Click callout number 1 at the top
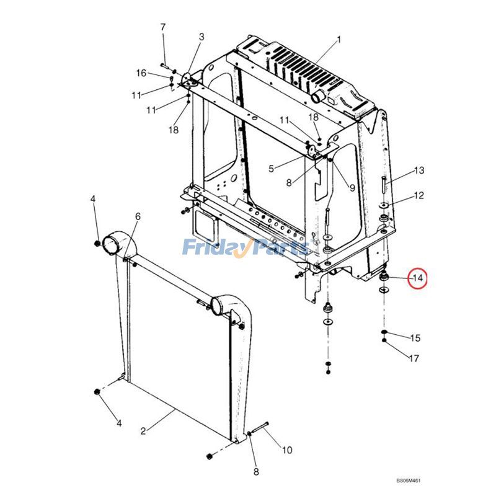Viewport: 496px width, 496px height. [339, 40]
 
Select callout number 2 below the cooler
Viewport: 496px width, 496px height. [143, 431]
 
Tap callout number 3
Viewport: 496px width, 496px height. [201, 37]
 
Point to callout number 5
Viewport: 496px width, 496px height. [270, 169]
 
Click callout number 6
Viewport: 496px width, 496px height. [138, 216]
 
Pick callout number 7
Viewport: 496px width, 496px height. [163, 27]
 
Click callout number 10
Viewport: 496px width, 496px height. [286, 450]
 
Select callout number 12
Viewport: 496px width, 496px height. [419, 196]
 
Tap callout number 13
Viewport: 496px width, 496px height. [419, 170]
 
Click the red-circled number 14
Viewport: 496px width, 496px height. [418, 278]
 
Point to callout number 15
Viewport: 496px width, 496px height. [415, 338]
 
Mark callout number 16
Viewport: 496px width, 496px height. [141, 73]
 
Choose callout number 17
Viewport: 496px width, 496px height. [414, 358]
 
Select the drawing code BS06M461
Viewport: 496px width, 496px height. [413, 480]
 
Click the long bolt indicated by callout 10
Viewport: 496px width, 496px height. [259, 428]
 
